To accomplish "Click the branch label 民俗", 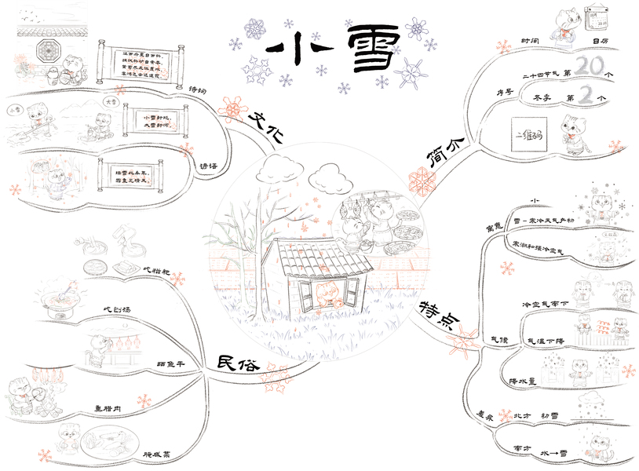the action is click(236, 363).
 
